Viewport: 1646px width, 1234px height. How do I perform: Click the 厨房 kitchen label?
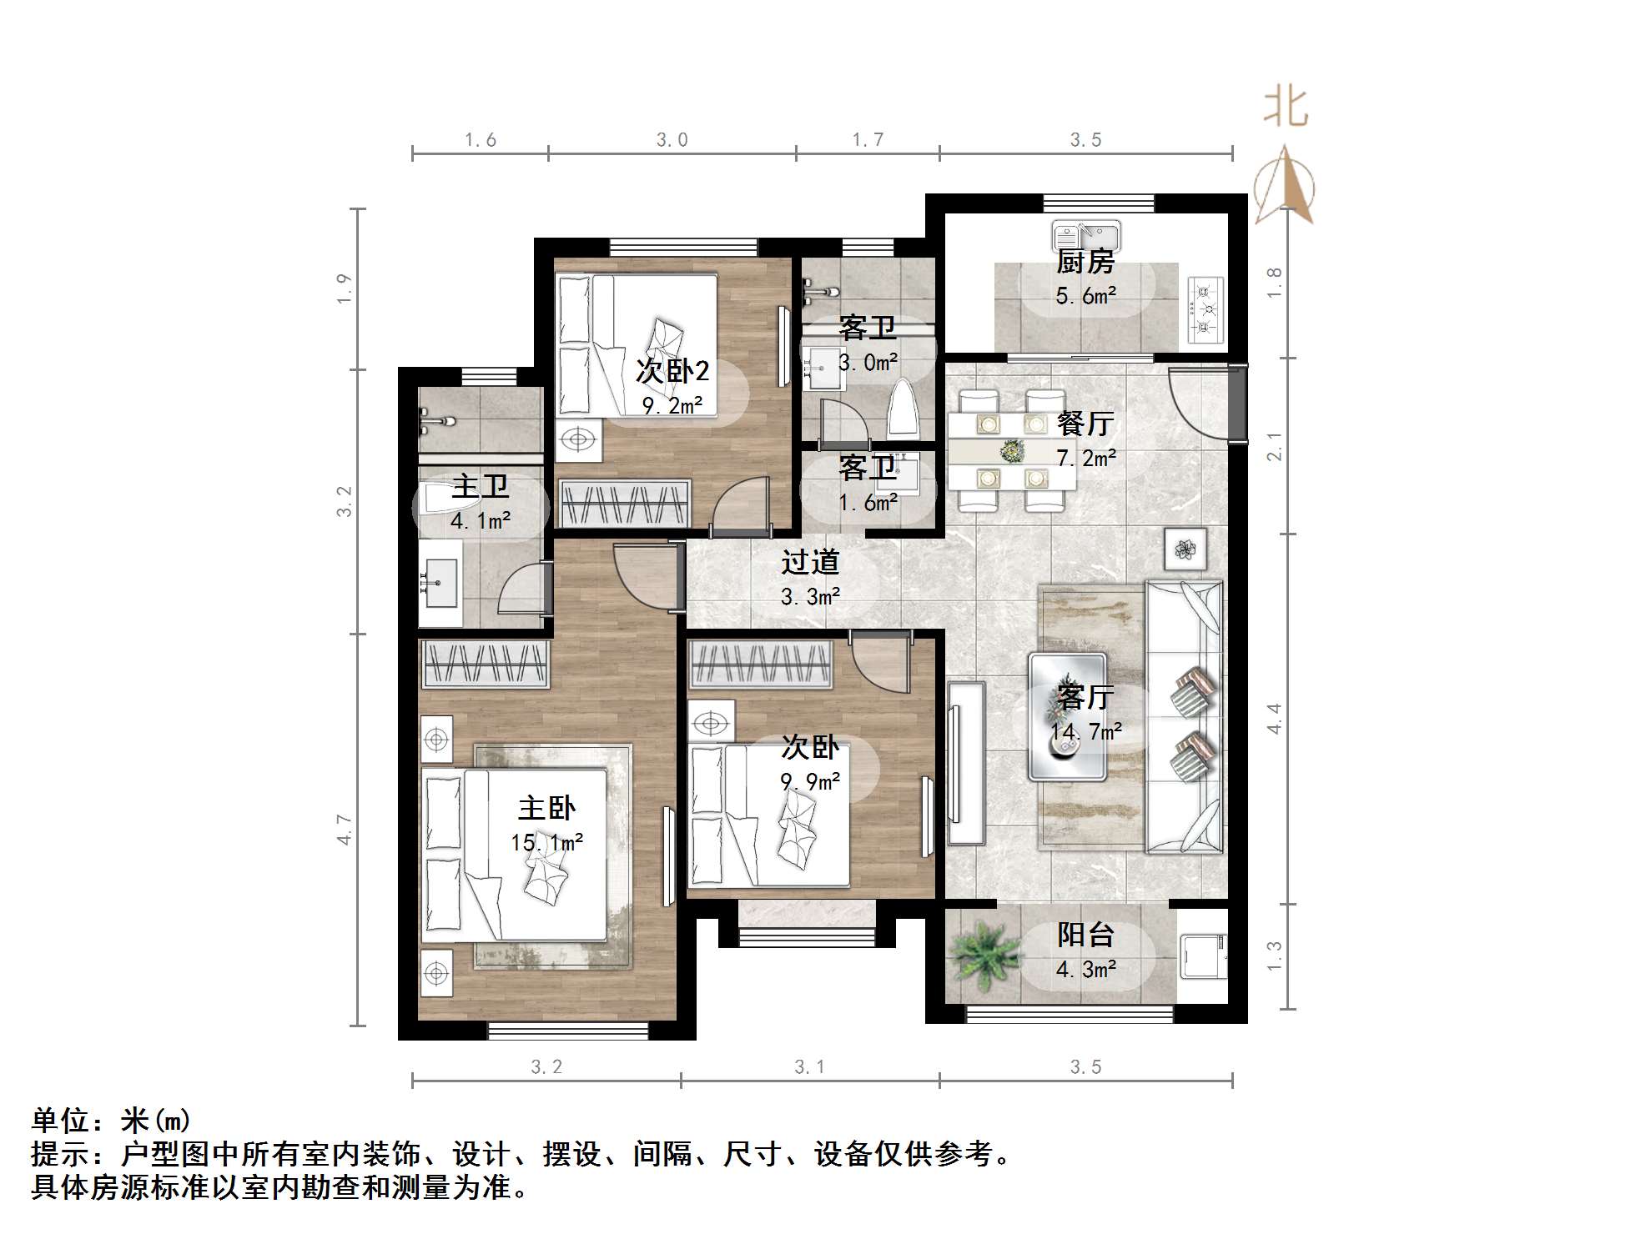(x=1085, y=262)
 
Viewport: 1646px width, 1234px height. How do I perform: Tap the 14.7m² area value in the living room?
(x=1085, y=732)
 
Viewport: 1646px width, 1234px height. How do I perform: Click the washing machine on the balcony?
(x=1202, y=956)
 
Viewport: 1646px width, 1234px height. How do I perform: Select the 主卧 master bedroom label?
(x=546, y=808)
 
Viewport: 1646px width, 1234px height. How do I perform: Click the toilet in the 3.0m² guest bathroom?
(x=903, y=409)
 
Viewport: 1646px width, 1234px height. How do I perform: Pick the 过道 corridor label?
(x=809, y=563)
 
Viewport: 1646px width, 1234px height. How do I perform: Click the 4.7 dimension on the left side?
(x=345, y=830)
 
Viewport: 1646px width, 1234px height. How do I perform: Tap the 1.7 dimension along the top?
(x=868, y=140)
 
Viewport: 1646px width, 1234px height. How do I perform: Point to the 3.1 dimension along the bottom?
(x=809, y=1067)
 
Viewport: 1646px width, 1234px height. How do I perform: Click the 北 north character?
(x=1286, y=108)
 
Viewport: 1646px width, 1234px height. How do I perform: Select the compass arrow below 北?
(x=1285, y=185)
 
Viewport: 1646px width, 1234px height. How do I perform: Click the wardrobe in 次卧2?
(x=623, y=504)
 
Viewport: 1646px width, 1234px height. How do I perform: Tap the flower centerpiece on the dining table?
(x=1012, y=451)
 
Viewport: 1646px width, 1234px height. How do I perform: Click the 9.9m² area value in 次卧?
(x=810, y=782)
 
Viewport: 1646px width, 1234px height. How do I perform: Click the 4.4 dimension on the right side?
(x=1274, y=718)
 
